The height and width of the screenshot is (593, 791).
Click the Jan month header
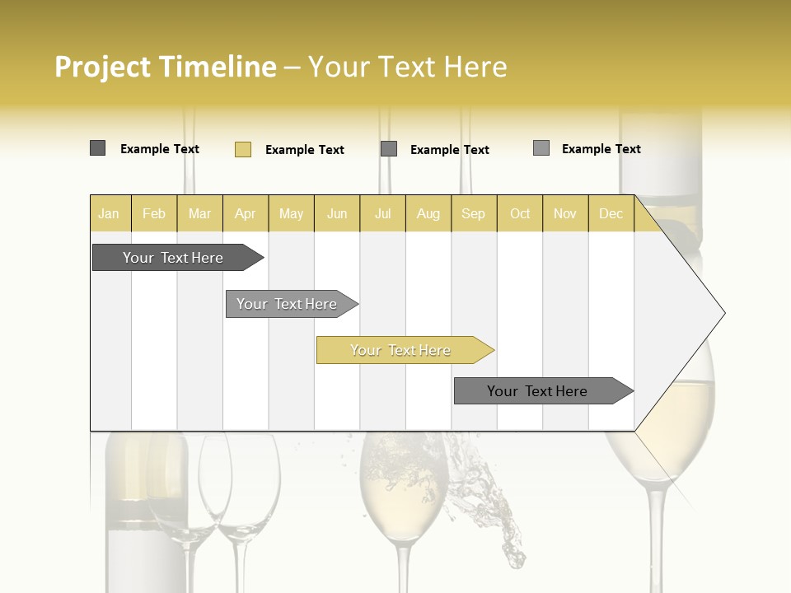point(109,213)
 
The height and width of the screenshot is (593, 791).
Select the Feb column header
point(154,213)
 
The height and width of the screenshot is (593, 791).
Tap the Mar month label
point(199,213)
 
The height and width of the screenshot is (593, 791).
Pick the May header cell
point(291,213)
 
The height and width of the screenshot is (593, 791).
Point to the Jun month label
point(337,213)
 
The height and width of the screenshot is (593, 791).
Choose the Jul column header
point(383,213)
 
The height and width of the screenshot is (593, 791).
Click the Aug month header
point(428,213)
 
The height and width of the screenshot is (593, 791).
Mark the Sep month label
point(474,213)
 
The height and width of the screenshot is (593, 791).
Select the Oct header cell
point(520,213)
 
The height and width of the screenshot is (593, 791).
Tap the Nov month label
point(565,213)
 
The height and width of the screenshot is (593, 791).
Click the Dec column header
point(611,213)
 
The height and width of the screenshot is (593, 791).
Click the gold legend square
point(243,149)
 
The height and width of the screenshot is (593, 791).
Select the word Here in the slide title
point(475,67)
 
